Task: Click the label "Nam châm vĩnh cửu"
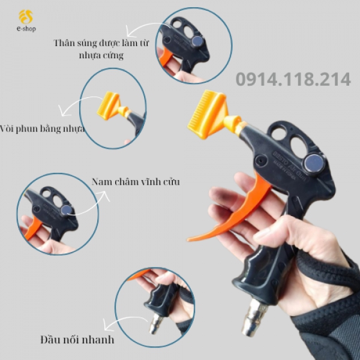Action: (x=136, y=181)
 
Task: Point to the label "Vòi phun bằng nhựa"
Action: (x=42, y=128)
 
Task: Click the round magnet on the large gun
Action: (x=315, y=164)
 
